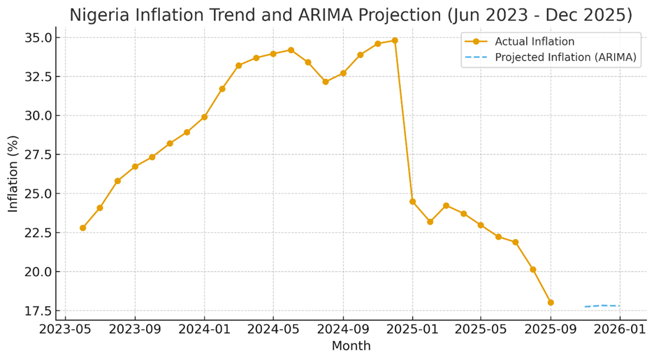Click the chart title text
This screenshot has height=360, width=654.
tap(350, 15)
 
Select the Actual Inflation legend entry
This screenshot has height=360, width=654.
tap(535, 42)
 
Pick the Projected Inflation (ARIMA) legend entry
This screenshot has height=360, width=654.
tap(565, 58)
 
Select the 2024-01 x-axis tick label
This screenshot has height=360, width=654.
tap(204, 329)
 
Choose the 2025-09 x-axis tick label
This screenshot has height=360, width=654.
tap(551, 329)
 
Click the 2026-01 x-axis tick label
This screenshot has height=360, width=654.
tap(620, 329)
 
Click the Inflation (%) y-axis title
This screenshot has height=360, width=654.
tap(13, 174)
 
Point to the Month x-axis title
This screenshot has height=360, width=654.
tap(351, 346)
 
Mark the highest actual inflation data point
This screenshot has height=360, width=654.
tap(395, 41)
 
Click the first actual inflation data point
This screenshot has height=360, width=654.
tap(82, 228)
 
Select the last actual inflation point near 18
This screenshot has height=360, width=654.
tap(551, 303)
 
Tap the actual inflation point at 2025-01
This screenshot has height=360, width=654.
tap(412, 201)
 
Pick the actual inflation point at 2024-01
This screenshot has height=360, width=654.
tap(204, 117)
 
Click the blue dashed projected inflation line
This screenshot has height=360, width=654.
tap(602, 305)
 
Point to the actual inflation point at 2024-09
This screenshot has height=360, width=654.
tap(343, 73)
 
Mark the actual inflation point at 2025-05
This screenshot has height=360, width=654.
tap(481, 225)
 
